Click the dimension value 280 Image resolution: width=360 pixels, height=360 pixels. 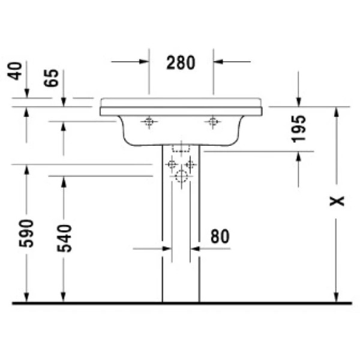181,62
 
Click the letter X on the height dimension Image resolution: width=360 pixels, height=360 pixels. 339,200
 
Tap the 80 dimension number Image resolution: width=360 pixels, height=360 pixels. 220,236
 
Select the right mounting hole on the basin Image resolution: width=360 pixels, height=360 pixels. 212,123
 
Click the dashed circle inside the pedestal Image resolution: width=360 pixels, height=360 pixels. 181,176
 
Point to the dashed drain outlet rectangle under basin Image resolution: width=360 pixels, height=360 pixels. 181,148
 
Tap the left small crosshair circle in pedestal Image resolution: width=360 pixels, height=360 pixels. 172,164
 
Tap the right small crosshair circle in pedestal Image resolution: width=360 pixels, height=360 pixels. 190,164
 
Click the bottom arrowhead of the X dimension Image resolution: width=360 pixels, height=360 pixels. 337,296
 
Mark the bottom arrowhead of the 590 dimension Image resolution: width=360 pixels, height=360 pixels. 26,296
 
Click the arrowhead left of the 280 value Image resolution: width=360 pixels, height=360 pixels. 143,61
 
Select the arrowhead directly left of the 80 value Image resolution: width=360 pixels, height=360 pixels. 196,247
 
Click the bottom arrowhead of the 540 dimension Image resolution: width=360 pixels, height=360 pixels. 63,296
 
